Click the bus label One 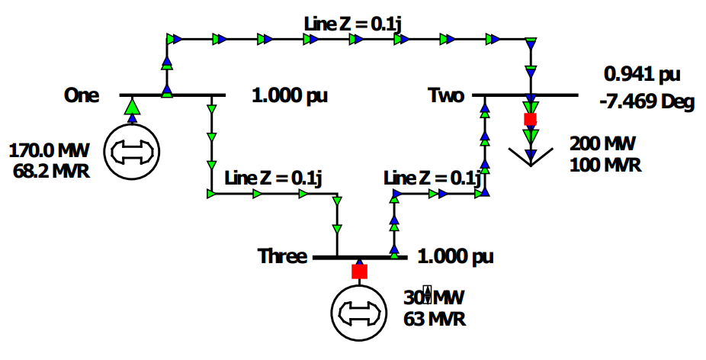click(82, 95)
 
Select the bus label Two click(446, 95)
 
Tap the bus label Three click(282, 256)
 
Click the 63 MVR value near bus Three click(435, 317)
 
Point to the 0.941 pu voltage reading click(641, 75)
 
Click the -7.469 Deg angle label click(647, 102)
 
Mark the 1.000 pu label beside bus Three click(456, 256)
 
